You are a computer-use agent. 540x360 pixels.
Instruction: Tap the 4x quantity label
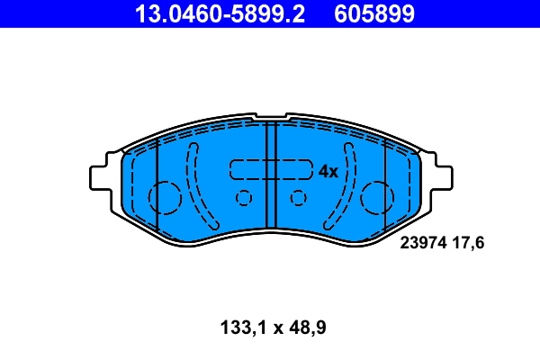pos(328,171)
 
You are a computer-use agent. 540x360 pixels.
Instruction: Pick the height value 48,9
pos(304,328)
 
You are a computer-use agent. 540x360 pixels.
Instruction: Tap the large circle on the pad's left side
pos(165,196)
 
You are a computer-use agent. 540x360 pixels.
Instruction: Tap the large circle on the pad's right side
pos(377,196)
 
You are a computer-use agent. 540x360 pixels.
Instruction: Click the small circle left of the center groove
pos(242,198)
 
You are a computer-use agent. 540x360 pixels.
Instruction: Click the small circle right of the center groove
pos(299,198)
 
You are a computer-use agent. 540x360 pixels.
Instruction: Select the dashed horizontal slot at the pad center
pos(270,170)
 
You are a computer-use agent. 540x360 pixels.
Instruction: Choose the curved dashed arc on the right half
pos(346,184)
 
